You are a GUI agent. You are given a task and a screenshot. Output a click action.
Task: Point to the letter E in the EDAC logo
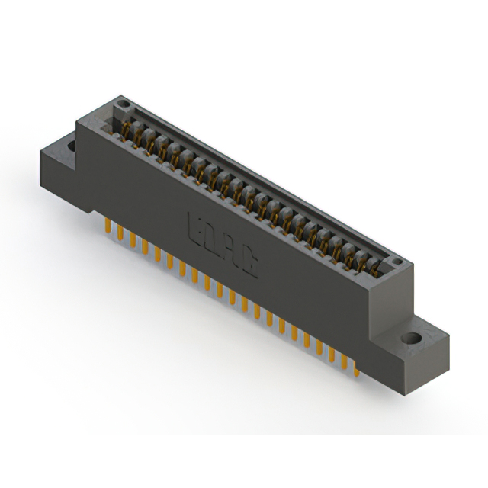coord(194,226)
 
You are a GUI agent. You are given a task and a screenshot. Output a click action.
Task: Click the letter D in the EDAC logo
coord(212,239)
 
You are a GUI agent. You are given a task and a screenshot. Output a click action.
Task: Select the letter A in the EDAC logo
coord(232,252)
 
